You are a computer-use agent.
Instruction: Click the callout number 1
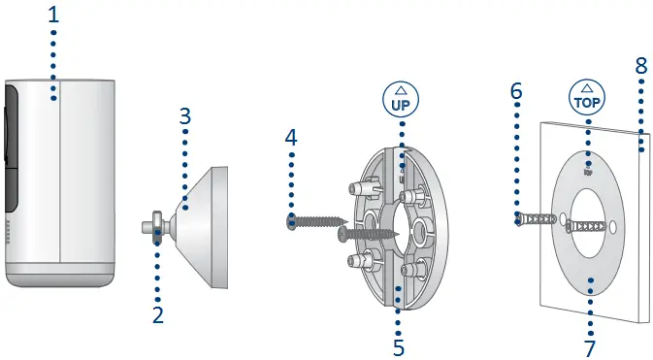click(53, 16)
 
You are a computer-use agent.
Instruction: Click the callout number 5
click(398, 344)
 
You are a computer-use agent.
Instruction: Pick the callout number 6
click(516, 91)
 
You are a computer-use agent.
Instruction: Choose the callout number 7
click(591, 344)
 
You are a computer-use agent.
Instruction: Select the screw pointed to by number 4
click(315, 222)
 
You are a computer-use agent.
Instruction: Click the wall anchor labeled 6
click(538, 222)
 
